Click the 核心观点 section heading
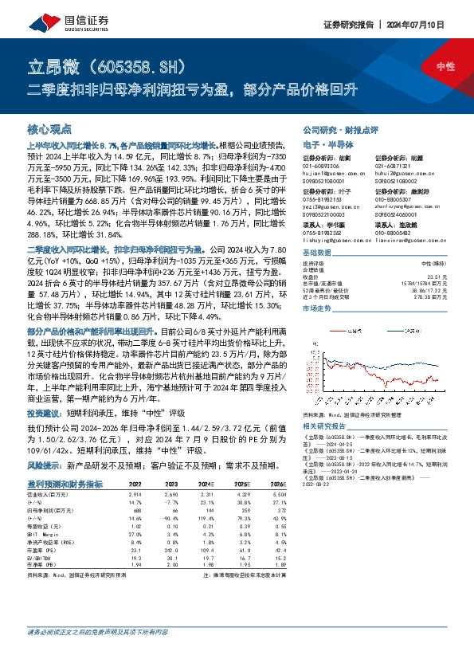49,128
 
